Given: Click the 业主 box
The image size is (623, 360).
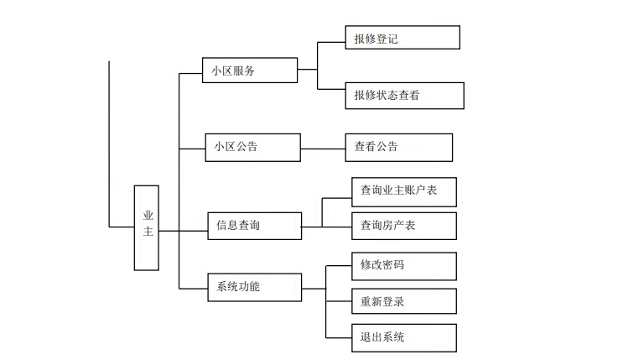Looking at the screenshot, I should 147,227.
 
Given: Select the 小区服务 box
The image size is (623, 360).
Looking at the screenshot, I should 250,70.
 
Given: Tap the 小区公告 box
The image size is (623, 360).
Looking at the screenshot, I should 252,147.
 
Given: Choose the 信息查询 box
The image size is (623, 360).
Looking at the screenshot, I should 255,226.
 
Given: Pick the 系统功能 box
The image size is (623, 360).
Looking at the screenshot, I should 253,287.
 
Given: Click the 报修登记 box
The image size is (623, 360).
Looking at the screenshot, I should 402,38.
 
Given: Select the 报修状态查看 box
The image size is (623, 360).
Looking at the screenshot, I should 404,96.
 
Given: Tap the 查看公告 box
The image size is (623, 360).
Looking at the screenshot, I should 398,147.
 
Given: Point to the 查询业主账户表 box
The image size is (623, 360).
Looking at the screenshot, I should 404,190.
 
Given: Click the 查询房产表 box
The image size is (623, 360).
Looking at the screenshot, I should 404,226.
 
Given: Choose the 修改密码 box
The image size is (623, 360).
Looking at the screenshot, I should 404,266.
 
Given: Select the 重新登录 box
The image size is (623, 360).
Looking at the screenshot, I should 404,301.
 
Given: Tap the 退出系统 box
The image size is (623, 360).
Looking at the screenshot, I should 404,337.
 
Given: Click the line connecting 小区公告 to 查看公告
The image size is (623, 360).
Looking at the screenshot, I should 323,149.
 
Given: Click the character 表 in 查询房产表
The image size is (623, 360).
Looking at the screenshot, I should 412,226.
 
